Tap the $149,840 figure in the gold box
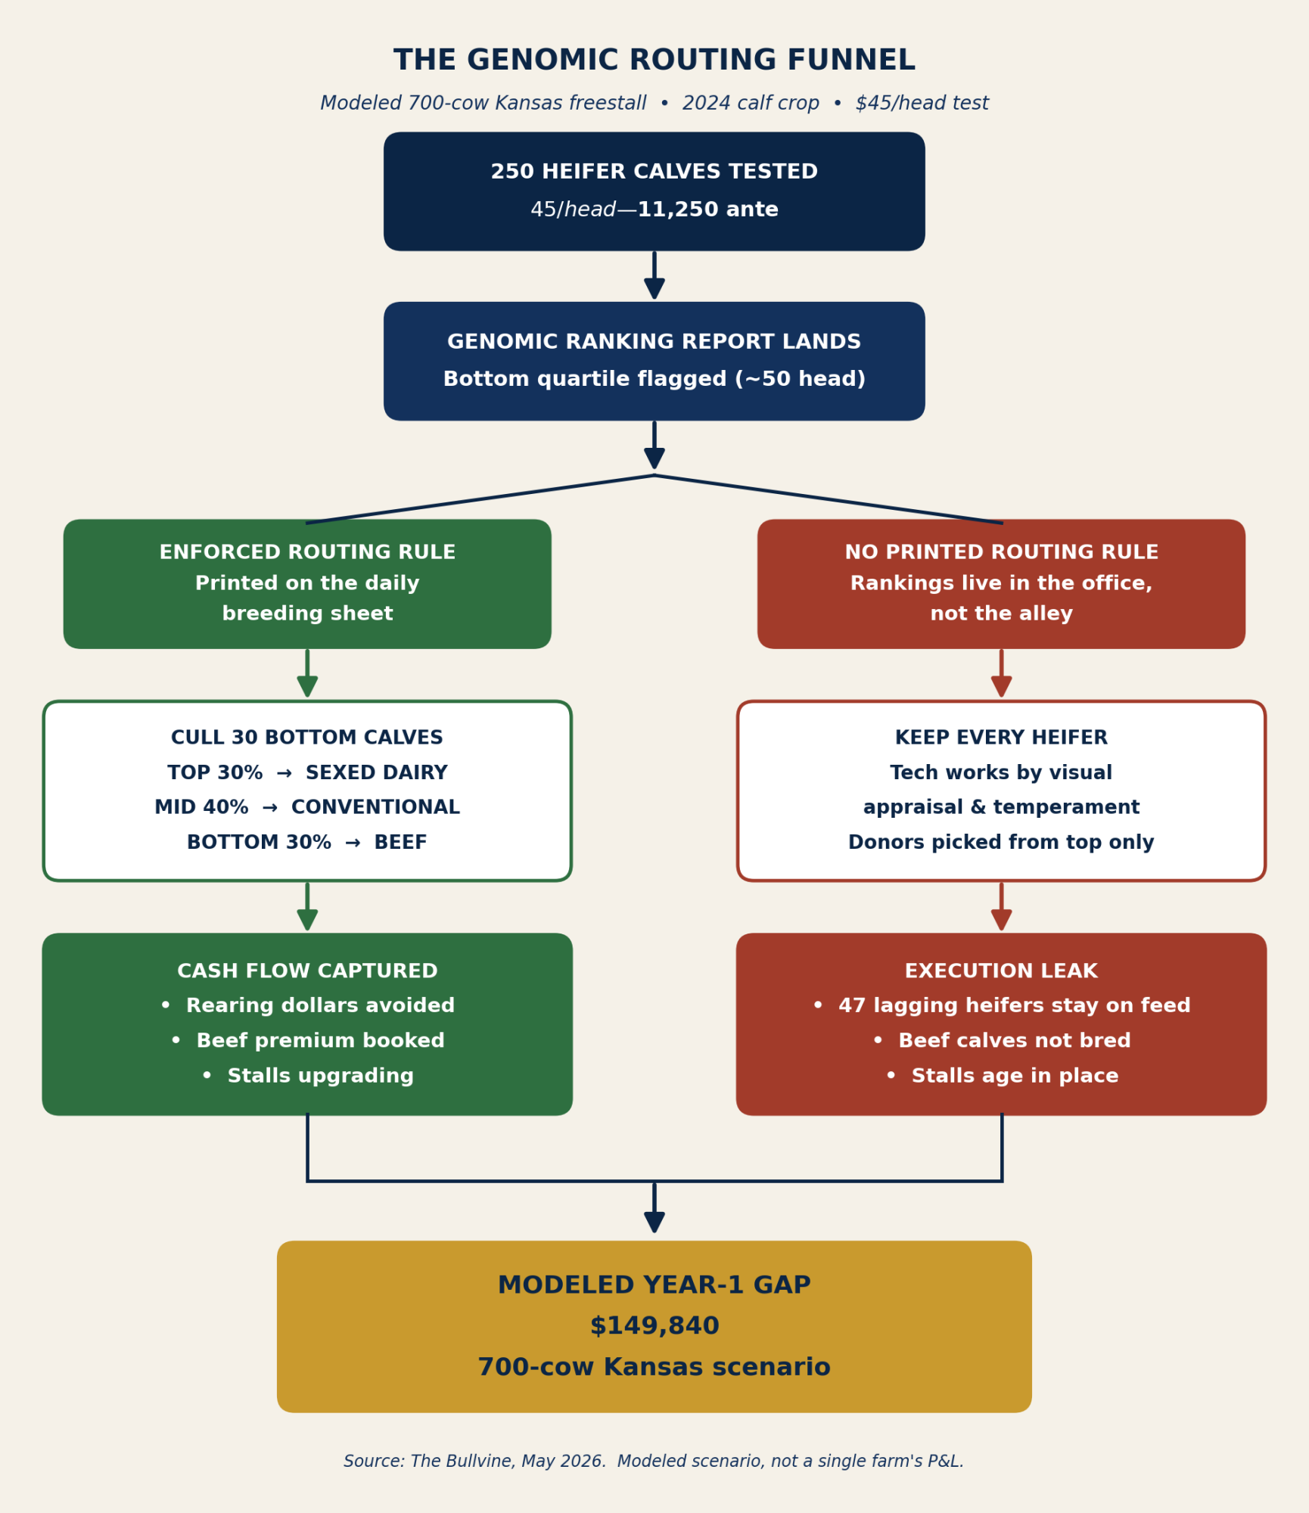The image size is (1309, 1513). [x=654, y=1325]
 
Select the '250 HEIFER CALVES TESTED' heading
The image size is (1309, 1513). [x=654, y=172]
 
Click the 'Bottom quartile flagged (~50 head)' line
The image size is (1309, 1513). [x=654, y=379]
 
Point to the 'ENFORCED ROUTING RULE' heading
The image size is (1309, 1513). [x=307, y=552]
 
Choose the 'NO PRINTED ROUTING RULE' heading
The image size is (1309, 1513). [x=1002, y=552]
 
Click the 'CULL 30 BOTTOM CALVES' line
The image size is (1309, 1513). [x=307, y=738]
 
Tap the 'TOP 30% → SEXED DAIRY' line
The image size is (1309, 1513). [x=307, y=772]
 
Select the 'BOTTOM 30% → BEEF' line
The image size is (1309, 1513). [x=307, y=842]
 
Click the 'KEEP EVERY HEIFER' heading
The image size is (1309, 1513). [x=1002, y=738]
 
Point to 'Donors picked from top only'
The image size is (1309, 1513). [x=1002, y=842]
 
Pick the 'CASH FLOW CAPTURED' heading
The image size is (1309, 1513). [x=307, y=971]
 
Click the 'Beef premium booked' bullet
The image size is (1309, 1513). [x=307, y=1041]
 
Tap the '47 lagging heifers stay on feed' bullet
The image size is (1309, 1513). [x=1002, y=1005]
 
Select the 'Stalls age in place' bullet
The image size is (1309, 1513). [x=1002, y=1076]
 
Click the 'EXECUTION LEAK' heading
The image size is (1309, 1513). [x=1002, y=971]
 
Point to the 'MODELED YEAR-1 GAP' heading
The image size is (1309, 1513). [x=654, y=1285]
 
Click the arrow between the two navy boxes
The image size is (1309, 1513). [x=654, y=275]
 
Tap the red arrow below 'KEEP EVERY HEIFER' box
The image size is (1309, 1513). [x=1002, y=906]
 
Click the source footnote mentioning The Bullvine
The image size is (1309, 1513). [x=654, y=1461]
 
